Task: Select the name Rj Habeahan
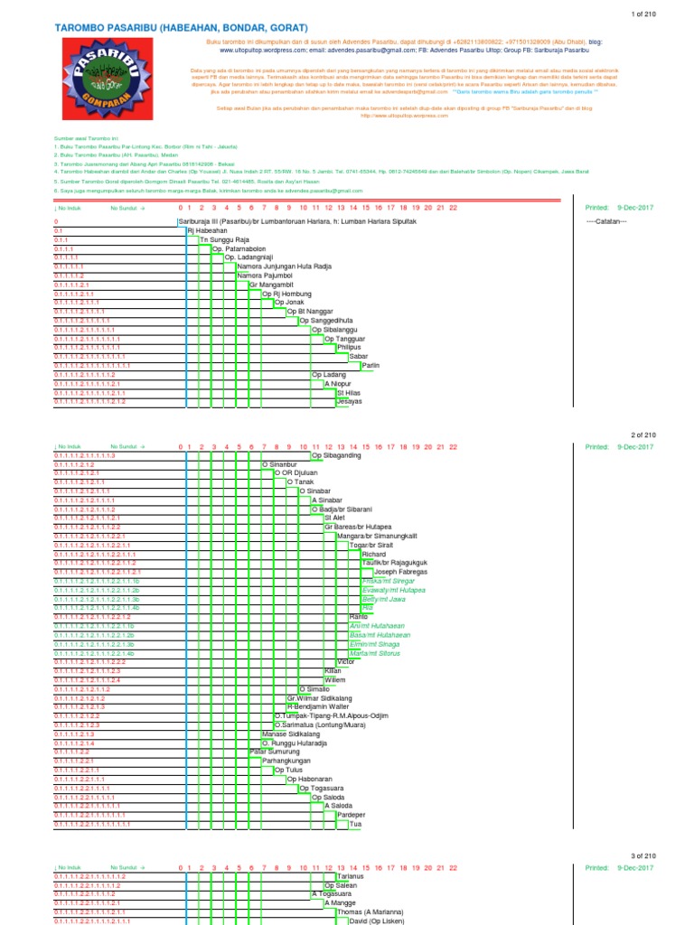point(207,230)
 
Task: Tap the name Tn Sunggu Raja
point(223,239)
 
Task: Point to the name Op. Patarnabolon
point(241,248)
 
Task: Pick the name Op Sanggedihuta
point(332,321)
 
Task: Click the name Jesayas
point(349,401)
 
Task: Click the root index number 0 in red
point(56,221)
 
